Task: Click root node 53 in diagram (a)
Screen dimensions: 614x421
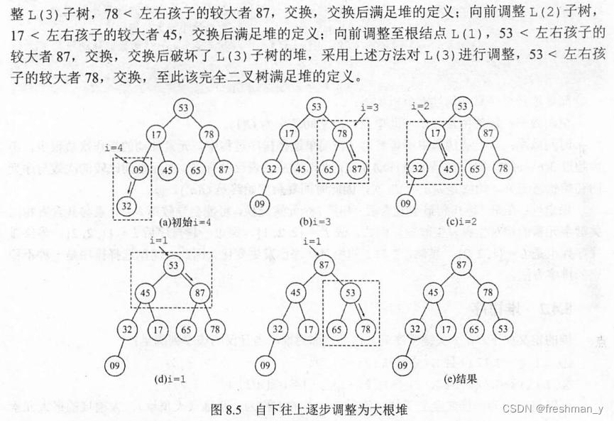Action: point(183,108)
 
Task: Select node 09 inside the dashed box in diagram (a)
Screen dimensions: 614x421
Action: point(139,170)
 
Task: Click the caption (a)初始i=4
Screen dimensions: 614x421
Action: point(171,222)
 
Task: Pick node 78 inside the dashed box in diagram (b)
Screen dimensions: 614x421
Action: point(341,133)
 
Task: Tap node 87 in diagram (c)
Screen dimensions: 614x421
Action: point(488,133)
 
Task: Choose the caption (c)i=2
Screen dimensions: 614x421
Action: point(461,222)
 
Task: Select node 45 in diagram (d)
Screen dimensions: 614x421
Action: point(146,292)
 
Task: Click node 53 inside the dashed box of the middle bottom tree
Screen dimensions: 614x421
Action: point(350,292)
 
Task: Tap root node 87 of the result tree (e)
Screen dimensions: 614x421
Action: point(462,265)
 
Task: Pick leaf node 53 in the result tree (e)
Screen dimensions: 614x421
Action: point(503,329)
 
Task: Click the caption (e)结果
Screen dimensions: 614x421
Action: point(461,379)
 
